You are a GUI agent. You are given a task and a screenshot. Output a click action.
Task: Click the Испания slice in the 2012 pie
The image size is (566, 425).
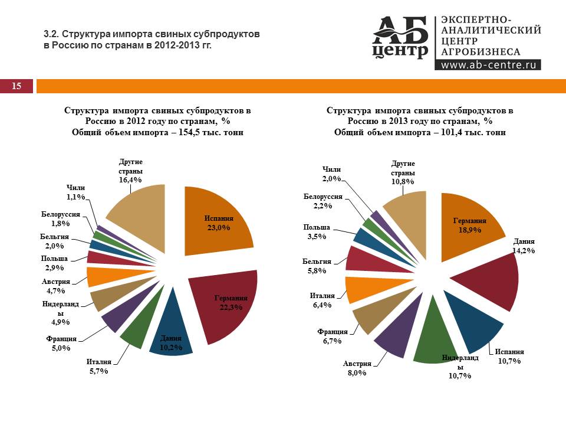tap(218, 221)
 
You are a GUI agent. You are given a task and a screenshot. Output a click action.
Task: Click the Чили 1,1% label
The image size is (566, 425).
tap(75, 192)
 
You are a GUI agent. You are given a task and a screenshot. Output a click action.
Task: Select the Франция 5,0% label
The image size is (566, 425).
tap(61, 344)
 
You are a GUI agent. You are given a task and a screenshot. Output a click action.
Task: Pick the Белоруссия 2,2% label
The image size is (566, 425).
tap(323, 201)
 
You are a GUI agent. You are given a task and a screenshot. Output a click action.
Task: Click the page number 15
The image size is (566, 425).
tap(16, 86)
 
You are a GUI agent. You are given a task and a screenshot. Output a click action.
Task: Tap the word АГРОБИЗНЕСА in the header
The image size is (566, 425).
tap(481, 52)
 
